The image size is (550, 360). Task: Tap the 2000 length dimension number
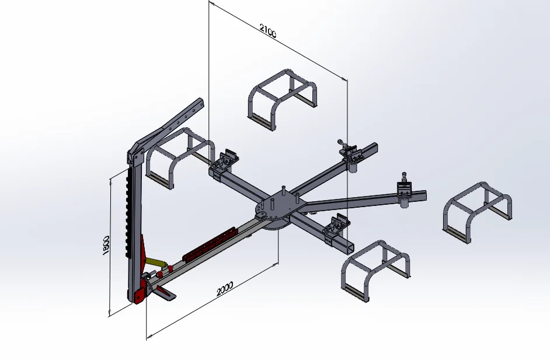point(224,289)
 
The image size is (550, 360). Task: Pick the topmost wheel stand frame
point(283,96)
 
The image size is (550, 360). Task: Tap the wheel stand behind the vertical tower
point(175,156)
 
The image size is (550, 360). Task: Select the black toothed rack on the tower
point(129,210)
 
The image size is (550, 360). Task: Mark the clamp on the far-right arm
point(405,190)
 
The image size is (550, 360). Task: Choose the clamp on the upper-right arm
point(352,153)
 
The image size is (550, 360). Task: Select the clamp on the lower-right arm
point(337,225)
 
